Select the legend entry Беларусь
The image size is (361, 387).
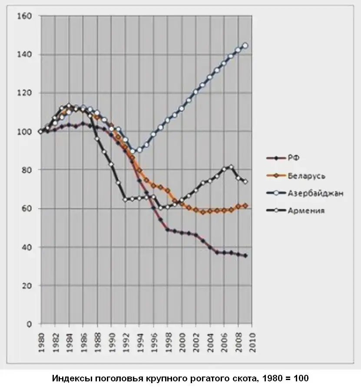(306, 176)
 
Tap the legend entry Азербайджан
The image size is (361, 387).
(315, 193)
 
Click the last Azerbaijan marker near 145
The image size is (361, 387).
(245, 45)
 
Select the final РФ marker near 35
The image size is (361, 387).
(245, 256)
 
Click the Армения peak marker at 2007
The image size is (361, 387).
(231, 167)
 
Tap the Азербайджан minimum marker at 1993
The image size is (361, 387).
(133, 151)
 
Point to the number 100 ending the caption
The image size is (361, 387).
(301, 378)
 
